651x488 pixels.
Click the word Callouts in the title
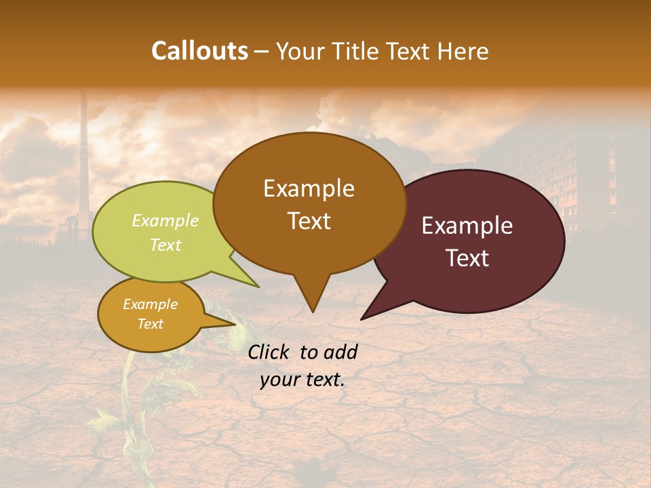[x=199, y=51]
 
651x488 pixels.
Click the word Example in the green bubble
[x=165, y=220]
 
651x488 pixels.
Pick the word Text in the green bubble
[x=165, y=245]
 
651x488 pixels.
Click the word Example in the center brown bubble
[x=309, y=188]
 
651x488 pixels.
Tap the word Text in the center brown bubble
[x=309, y=221]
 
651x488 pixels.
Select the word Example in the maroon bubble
[x=467, y=226]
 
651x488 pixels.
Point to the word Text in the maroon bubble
[x=467, y=258]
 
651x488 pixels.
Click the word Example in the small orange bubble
[x=150, y=304]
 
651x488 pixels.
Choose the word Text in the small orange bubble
[x=150, y=324]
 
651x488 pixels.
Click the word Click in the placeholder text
[x=271, y=352]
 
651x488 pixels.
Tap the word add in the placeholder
[x=340, y=352]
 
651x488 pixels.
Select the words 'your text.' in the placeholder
[x=302, y=380]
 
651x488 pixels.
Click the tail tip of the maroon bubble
[x=362, y=319]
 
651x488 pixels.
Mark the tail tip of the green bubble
[x=258, y=287]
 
